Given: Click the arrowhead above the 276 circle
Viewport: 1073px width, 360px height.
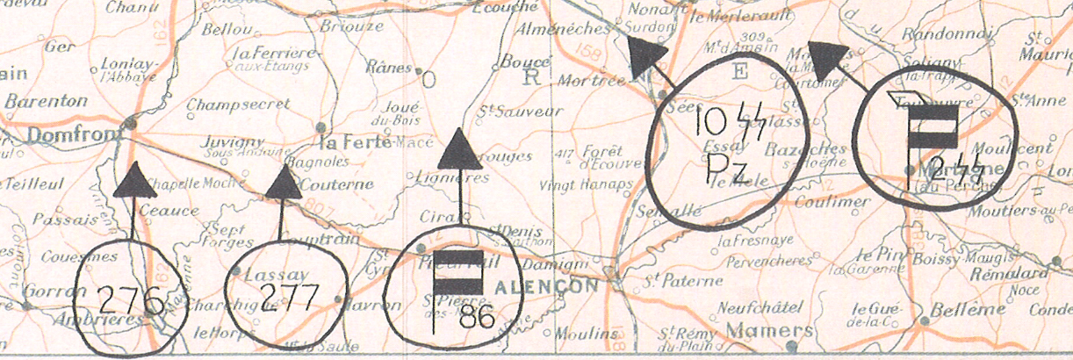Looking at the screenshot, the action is [x=133, y=181].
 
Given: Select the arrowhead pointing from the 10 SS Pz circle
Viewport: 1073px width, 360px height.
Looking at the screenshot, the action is [x=648, y=59].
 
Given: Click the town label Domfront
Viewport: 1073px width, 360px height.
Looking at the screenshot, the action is [x=64, y=135].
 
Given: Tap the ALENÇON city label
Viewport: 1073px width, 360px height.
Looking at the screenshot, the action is [x=545, y=286].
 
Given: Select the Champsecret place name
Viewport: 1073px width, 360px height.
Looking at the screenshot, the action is [x=237, y=104].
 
